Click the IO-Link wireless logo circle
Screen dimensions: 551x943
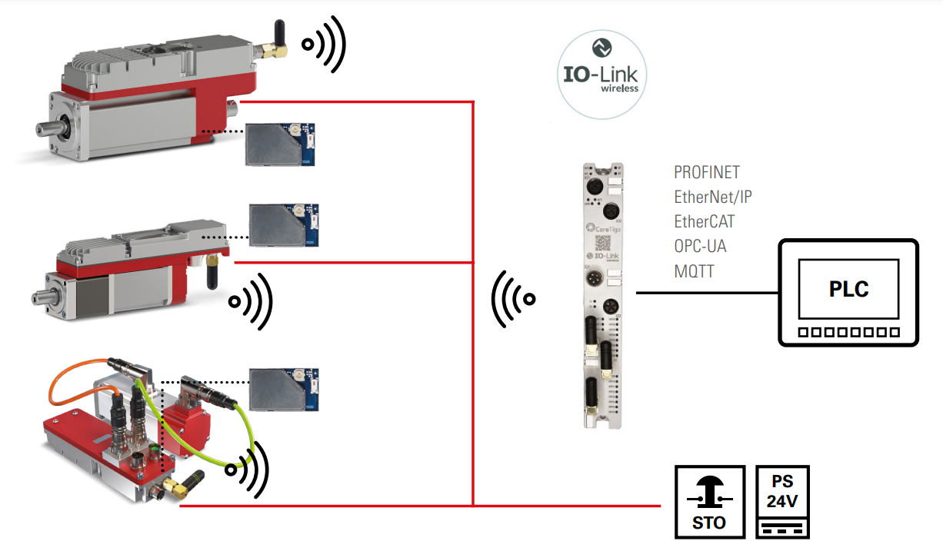click(602, 75)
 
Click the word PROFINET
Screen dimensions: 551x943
click(706, 172)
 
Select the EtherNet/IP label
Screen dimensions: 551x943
click(712, 197)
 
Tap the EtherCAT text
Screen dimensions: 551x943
click(704, 221)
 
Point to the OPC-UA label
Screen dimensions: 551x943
click(700, 246)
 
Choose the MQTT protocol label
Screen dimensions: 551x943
click(694, 271)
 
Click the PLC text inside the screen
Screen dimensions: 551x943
click(848, 289)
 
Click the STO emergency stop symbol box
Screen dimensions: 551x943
click(709, 502)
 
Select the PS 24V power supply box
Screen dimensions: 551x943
click(783, 502)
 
